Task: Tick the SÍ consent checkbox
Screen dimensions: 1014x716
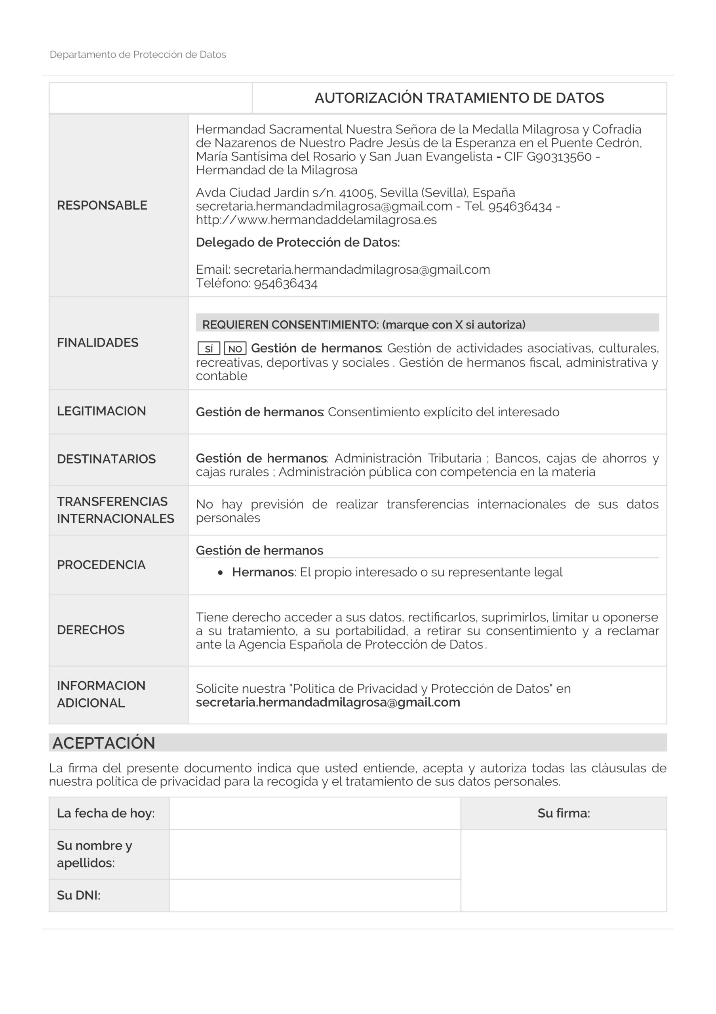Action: [209, 349]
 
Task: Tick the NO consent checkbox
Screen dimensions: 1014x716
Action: [235, 349]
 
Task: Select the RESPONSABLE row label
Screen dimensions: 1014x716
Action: [102, 205]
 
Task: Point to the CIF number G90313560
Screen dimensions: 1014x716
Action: [559, 157]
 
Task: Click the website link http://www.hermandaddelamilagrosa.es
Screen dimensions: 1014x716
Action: [316, 220]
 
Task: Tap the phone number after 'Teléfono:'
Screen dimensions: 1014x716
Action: [286, 284]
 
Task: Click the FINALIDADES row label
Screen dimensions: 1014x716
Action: [97, 343]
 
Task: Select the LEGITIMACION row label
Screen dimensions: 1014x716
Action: [101, 411]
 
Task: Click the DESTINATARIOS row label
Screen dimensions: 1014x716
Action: [106, 459]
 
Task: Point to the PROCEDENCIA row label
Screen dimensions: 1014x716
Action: [101, 565]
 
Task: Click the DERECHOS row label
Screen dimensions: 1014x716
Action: [91, 630]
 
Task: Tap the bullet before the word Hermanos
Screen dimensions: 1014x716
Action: [220, 573]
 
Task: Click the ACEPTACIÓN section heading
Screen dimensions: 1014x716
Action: [104, 743]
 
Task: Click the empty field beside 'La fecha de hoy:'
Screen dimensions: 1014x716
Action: [315, 813]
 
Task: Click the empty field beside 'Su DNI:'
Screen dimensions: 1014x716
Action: [315, 895]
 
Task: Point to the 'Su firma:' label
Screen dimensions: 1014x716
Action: [563, 813]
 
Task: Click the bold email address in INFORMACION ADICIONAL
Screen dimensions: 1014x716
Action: [328, 702]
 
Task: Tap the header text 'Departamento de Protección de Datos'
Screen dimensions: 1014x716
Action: [138, 55]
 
